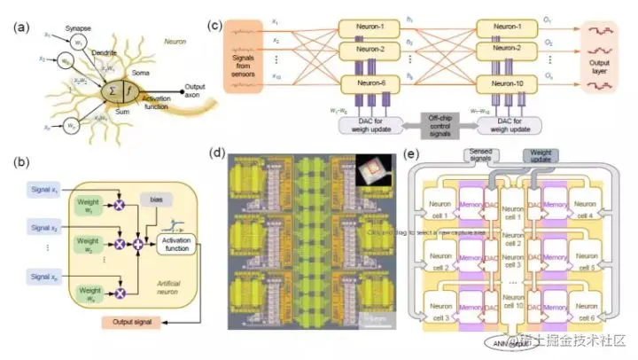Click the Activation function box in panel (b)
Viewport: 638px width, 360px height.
(x=175, y=246)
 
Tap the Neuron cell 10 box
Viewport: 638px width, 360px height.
(x=510, y=301)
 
